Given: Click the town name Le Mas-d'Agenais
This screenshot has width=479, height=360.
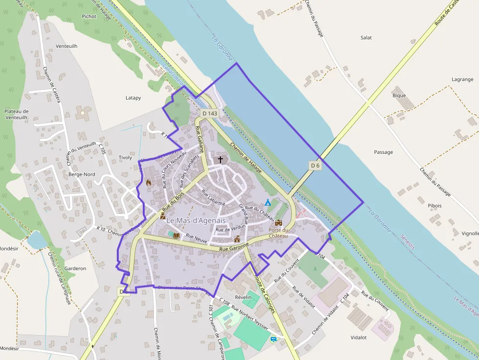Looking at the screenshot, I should pyautogui.click(x=196, y=221).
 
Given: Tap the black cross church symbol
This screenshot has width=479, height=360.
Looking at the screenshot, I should pyautogui.click(x=220, y=159).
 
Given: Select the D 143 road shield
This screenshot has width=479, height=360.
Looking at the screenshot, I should pyautogui.click(x=209, y=113).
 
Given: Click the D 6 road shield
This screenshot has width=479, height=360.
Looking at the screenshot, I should pyautogui.click(x=315, y=166).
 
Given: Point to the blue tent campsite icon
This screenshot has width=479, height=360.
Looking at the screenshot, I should pyautogui.click(x=268, y=202).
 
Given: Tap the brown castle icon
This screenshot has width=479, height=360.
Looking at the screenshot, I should pyautogui.click(x=279, y=222).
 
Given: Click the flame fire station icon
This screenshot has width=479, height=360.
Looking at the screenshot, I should pyautogui.click(x=149, y=182).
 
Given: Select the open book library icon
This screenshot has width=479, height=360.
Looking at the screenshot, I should pyautogui.click(x=176, y=235).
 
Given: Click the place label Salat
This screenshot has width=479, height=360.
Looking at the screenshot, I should pyautogui.click(x=366, y=38).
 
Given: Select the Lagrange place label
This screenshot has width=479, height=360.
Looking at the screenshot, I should pyautogui.click(x=462, y=79).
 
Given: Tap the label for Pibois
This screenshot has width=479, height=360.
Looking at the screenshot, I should pyautogui.click(x=435, y=206).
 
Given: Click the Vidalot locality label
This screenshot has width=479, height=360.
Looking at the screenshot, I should pyautogui.click(x=358, y=338).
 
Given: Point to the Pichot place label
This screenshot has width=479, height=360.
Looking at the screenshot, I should pyautogui.click(x=89, y=16).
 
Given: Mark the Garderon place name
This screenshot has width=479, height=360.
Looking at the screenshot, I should pyautogui.click(x=75, y=268).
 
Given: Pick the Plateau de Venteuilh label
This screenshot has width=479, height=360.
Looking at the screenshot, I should pyautogui.click(x=17, y=114).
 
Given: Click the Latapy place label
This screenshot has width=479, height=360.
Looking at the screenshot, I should pyautogui.click(x=133, y=98).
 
